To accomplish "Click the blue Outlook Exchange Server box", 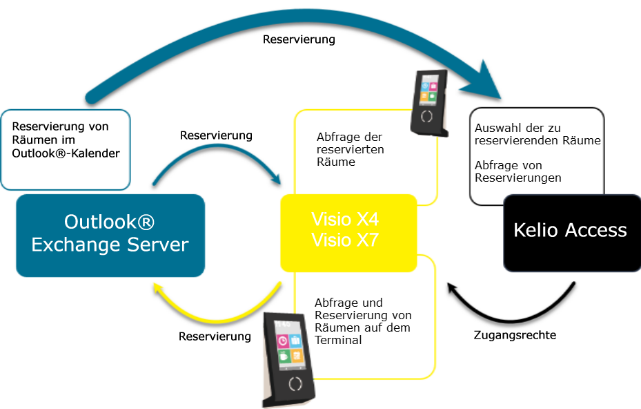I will click(x=110, y=235).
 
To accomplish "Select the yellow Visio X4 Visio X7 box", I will click(x=348, y=232).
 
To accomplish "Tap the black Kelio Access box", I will click(x=571, y=231).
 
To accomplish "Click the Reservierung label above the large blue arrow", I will click(x=299, y=39).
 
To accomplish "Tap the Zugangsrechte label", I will click(x=515, y=335).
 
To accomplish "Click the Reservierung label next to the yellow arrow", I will click(x=215, y=336).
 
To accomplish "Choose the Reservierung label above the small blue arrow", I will click(x=216, y=135).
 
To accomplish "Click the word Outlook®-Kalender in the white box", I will click(x=66, y=153).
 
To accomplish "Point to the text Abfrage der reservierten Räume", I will click(x=350, y=149).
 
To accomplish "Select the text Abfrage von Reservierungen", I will click(x=517, y=171).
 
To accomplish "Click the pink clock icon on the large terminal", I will click(x=283, y=341).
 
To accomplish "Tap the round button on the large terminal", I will click(x=295, y=384).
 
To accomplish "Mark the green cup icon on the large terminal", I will click(x=284, y=357).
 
